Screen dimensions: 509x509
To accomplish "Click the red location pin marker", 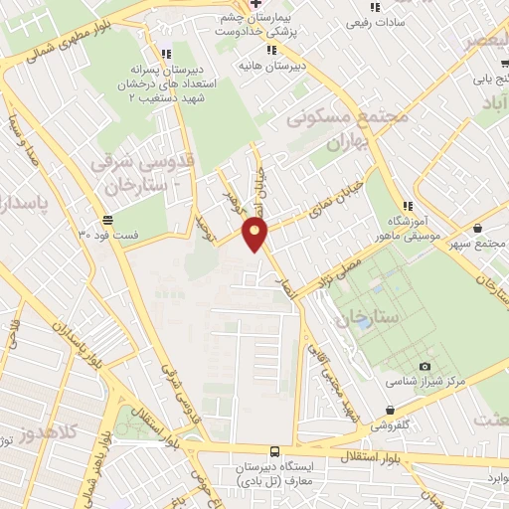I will pyautogui.click(x=255, y=235).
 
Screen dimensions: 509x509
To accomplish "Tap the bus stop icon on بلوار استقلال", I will pyautogui.click(x=274, y=451).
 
